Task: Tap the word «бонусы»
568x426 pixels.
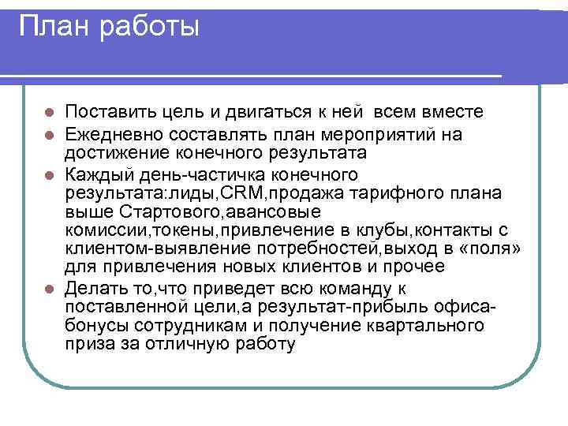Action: coord(95,325)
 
